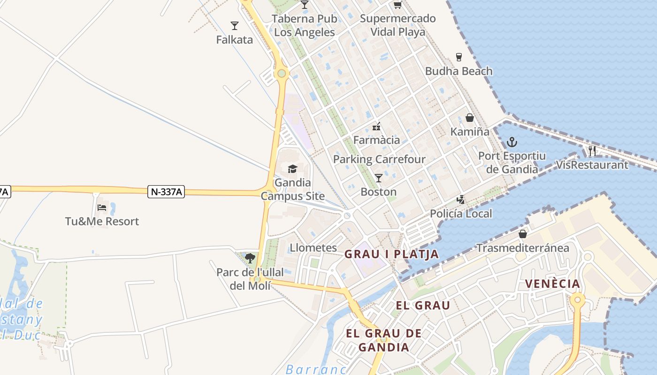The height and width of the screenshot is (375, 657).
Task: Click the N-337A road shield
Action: pos(166,191)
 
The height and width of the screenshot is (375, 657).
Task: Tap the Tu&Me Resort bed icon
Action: pos(102,207)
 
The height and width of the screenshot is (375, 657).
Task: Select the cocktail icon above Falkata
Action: pos(235,25)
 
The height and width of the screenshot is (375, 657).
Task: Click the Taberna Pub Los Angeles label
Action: pos(305,26)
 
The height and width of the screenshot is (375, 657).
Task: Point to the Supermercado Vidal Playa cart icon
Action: pos(398,5)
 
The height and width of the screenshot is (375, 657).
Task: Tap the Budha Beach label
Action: pos(458,71)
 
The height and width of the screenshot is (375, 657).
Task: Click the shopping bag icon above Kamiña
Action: pos(469,118)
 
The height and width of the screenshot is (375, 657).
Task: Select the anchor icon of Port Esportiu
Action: pos(512,142)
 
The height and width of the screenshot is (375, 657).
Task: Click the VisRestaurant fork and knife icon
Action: pos(592,150)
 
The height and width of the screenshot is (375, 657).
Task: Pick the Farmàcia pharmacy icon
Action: pos(376,126)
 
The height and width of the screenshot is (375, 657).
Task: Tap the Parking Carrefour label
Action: pos(379,159)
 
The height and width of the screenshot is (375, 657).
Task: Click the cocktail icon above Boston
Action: pos(379,178)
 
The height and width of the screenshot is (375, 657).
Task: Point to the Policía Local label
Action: pos(461,214)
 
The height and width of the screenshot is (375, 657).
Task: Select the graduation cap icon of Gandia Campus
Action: pos(293,169)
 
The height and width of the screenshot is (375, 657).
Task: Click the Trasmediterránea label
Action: pos(523,248)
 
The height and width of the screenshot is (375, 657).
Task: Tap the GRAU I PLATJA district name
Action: pos(391,255)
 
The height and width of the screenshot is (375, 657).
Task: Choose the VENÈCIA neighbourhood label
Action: pos(552,284)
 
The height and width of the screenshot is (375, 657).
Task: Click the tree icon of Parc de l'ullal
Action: pos(250,258)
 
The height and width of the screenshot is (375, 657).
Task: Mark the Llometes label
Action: pos(313,248)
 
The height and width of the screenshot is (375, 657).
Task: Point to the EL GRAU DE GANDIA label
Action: pos(384,340)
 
